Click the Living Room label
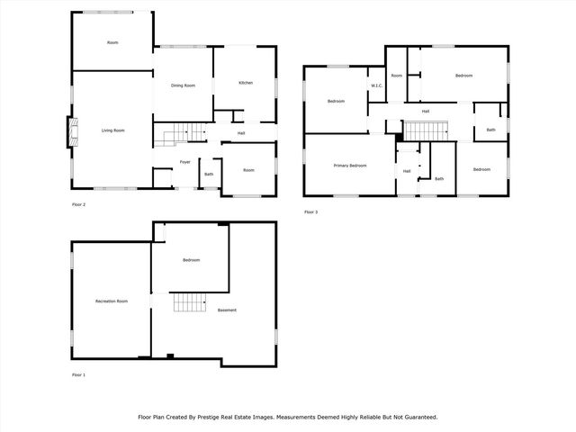(x=112, y=130)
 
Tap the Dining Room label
(x=184, y=85)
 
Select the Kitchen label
(x=246, y=83)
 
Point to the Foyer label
(x=184, y=162)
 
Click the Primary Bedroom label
(x=350, y=166)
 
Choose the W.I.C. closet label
(x=377, y=86)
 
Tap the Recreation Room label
(x=112, y=301)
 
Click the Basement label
(x=228, y=310)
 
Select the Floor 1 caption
(x=78, y=374)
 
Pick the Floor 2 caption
(x=78, y=204)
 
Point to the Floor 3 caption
(x=310, y=211)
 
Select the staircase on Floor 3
(x=420, y=130)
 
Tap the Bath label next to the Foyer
(x=209, y=174)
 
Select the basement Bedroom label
(x=191, y=260)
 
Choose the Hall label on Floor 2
(x=241, y=133)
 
